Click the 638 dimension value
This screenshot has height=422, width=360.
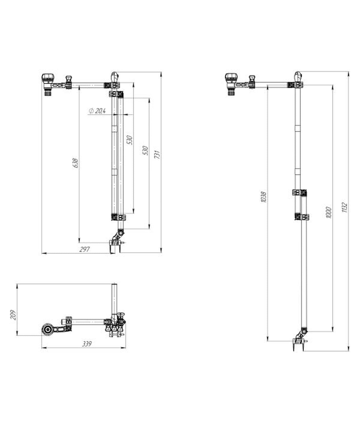click(x=75, y=163)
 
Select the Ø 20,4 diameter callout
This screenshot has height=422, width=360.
click(x=97, y=111)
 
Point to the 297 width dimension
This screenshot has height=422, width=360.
click(x=84, y=249)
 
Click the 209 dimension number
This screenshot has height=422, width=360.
click(x=13, y=315)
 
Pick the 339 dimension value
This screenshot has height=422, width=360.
click(x=87, y=344)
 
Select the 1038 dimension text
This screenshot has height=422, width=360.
click(x=264, y=197)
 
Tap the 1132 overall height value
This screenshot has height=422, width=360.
click(x=344, y=208)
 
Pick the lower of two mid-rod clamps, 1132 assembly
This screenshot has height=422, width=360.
click(x=302, y=217)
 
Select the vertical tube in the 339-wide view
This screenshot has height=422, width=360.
click(x=114, y=300)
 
